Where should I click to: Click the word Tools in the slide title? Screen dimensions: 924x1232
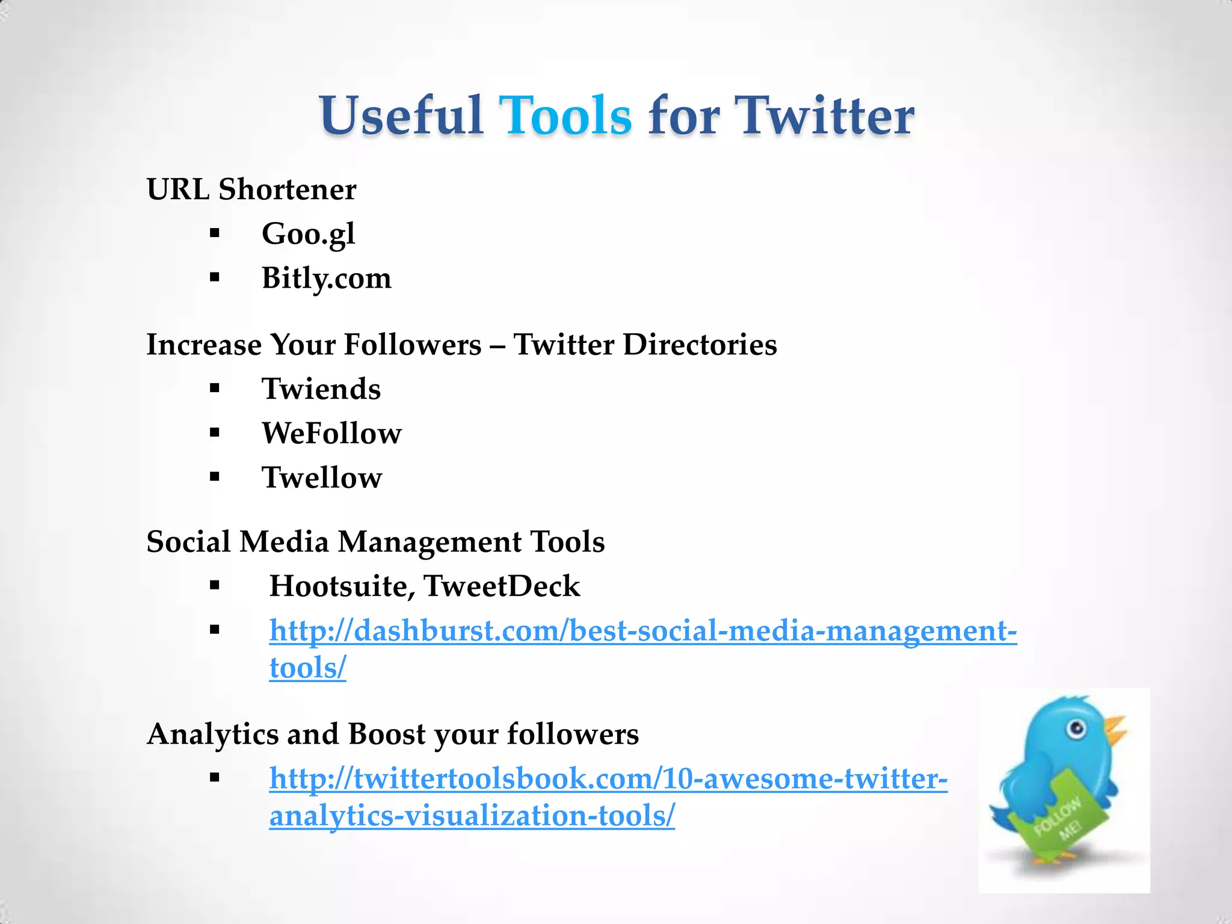(x=565, y=115)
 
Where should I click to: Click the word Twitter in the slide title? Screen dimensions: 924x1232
(x=825, y=115)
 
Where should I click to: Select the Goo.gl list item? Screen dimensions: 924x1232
(x=308, y=233)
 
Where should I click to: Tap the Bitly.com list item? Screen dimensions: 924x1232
(x=326, y=278)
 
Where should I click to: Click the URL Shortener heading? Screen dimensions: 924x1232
(x=251, y=189)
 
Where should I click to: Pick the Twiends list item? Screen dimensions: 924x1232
(x=321, y=389)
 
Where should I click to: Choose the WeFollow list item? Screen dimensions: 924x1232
(x=331, y=433)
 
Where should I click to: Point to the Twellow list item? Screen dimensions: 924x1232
(x=322, y=478)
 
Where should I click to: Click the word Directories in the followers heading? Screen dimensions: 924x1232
(x=700, y=345)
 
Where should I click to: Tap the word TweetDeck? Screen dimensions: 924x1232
(x=502, y=586)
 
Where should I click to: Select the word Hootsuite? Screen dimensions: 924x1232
(x=341, y=586)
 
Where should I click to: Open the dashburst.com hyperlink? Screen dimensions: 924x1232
(x=642, y=631)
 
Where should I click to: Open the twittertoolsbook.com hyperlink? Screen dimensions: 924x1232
(x=608, y=778)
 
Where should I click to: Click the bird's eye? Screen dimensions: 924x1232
(x=1077, y=730)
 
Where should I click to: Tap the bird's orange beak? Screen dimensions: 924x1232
(x=1115, y=730)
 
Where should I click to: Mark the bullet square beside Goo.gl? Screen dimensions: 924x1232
(x=215, y=233)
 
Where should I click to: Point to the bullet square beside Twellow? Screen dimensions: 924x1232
(x=215, y=477)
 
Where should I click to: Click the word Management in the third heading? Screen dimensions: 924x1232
(x=430, y=541)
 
